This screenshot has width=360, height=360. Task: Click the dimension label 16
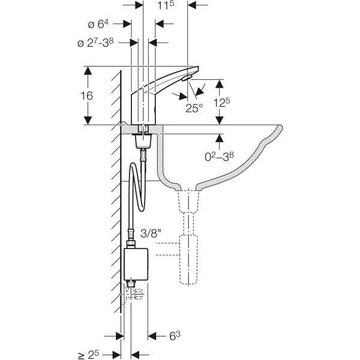coord(88,96)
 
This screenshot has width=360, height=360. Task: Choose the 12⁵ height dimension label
coord(223,103)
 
